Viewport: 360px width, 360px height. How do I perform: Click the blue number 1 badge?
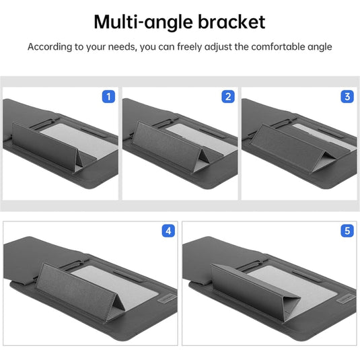(x=108, y=97)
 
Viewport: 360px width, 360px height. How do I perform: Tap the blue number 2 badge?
(x=228, y=97)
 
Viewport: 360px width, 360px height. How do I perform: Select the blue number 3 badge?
(x=347, y=97)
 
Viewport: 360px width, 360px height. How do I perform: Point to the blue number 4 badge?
(x=168, y=231)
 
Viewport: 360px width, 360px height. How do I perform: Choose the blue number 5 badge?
(x=347, y=231)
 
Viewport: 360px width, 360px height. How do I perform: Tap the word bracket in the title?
(x=231, y=22)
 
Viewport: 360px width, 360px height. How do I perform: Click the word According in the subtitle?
(x=50, y=47)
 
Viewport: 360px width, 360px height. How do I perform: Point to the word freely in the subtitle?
(x=190, y=47)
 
